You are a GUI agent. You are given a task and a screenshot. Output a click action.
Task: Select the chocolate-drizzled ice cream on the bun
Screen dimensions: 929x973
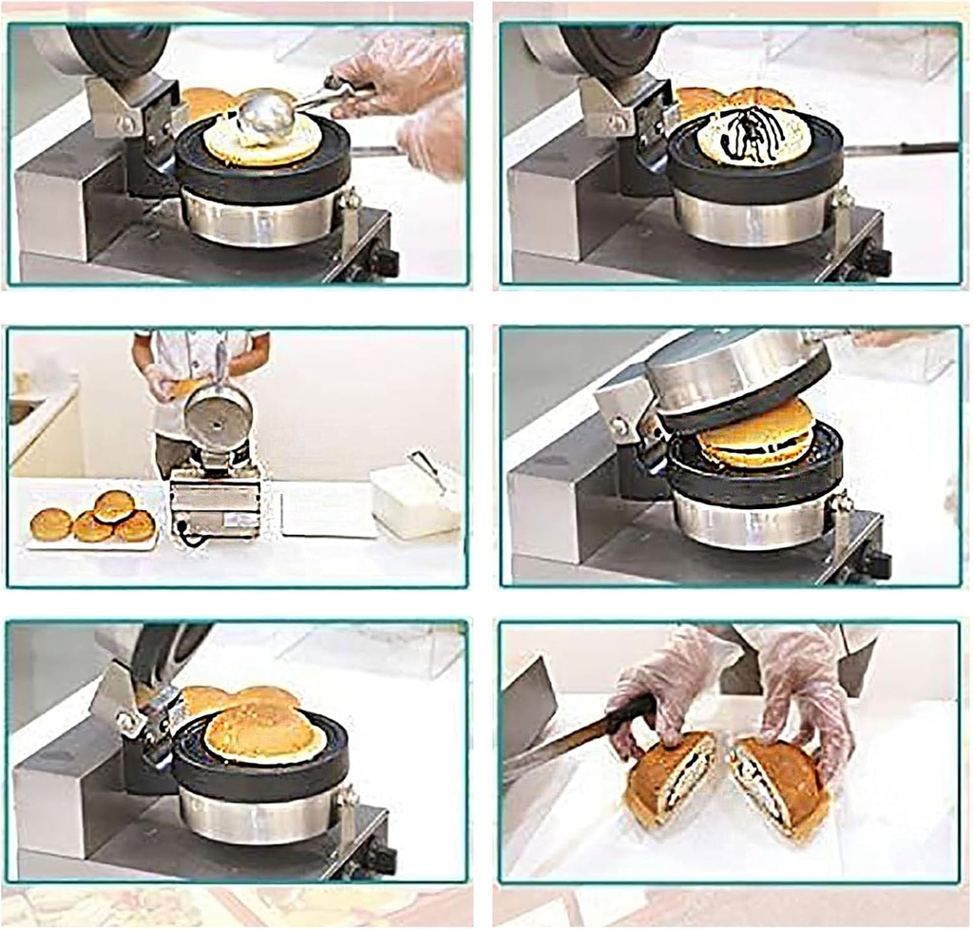click(754, 136)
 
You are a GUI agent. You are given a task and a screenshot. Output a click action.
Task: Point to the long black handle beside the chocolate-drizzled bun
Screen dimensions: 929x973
click(903, 148)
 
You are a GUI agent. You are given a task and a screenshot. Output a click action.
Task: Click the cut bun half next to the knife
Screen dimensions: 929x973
click(671, 779)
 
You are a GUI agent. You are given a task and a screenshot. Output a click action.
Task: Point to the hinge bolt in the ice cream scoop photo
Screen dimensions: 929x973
click(125, 123)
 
